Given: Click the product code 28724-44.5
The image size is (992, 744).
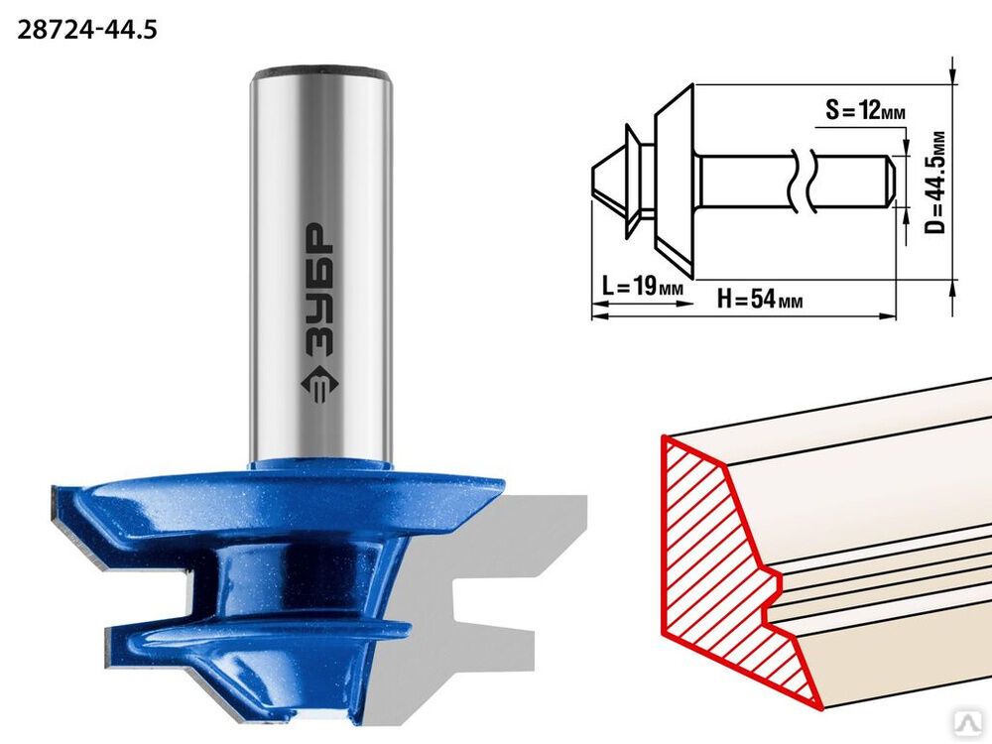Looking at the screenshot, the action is pos(86,30).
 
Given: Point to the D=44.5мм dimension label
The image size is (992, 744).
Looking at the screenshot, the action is pos(935,183).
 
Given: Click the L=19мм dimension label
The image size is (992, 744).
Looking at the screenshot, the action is pos(642,287).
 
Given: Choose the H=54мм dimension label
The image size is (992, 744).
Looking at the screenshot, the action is pos(760,298).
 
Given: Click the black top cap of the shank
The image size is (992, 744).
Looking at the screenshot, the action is pos(321,70).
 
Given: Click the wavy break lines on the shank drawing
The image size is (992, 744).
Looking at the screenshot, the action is pos(801,184).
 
